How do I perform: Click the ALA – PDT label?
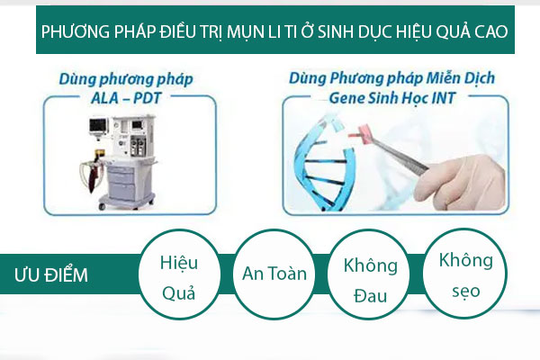[x=126, y=98]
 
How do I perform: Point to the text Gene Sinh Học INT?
[x=391, y=98]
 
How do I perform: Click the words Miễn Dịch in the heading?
[x=461, y=78]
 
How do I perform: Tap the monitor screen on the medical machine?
[x=98, y=125]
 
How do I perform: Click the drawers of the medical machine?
[x=121, y=183]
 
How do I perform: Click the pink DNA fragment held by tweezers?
[x=361, y=132]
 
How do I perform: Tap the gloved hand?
[x=460, y=183]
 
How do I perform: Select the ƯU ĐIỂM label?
[x=51, y=275]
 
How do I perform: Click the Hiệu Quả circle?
[x=179, y=274]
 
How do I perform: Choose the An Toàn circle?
[x=274, y=274]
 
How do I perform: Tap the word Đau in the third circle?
[x=370, y=295]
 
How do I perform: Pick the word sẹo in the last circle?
[x=466, y=291]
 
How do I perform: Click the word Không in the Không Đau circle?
[x=371, y=265]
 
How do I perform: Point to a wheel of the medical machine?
[x=102, y=206]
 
